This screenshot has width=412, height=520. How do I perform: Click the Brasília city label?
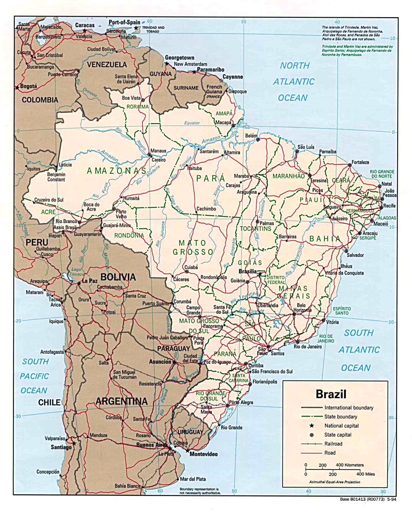point(247,271)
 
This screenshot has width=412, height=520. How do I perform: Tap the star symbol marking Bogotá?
point(17,88)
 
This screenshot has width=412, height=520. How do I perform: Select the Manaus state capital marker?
point(149,154)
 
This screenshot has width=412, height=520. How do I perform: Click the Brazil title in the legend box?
point(331,394)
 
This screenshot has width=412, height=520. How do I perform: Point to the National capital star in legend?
point(311,426)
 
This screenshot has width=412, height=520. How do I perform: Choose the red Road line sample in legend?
point(311,453)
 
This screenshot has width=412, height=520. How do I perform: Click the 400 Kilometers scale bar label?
point(349,465)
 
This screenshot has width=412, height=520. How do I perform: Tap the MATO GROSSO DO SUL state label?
point(199,325)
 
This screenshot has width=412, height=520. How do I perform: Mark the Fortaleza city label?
point(360,162)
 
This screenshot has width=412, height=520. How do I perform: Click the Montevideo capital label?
point(203,454)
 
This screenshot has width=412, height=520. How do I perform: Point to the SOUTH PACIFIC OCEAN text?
point(35,376)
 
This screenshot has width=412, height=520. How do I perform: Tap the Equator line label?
point(192,123)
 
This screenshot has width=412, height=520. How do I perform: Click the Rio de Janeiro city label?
point(307,346)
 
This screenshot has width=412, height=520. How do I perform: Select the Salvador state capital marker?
point(346,251)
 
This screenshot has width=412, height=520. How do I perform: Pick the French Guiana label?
point(214,89)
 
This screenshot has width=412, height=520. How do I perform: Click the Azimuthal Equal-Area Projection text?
point(334,482)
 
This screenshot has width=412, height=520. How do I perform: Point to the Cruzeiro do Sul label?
point(49,200)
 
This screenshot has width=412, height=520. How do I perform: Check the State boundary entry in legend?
point(341,417)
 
